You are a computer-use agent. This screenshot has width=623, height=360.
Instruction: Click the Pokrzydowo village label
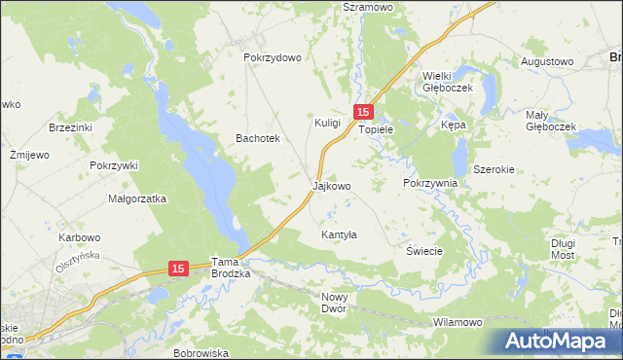tap(273, 57)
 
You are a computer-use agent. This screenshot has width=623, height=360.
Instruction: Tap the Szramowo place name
tap(367, 6)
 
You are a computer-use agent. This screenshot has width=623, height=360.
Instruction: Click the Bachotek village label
tap(258, 138)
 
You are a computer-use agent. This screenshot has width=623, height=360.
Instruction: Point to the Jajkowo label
tap(331, 184)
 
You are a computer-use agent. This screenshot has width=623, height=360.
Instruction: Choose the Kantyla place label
tap(339, 235)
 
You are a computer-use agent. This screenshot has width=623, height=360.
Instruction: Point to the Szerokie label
tap(494, 168)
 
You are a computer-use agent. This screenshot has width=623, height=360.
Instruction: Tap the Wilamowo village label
tap(458, 322)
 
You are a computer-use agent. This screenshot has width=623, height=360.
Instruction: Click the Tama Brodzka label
tap(232, 268)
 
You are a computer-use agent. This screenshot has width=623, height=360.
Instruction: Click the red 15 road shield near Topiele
tap(363, 113)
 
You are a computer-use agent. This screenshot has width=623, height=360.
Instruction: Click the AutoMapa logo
tap(558, 342)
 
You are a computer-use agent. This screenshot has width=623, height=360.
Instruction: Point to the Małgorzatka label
tap(138, 198)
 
